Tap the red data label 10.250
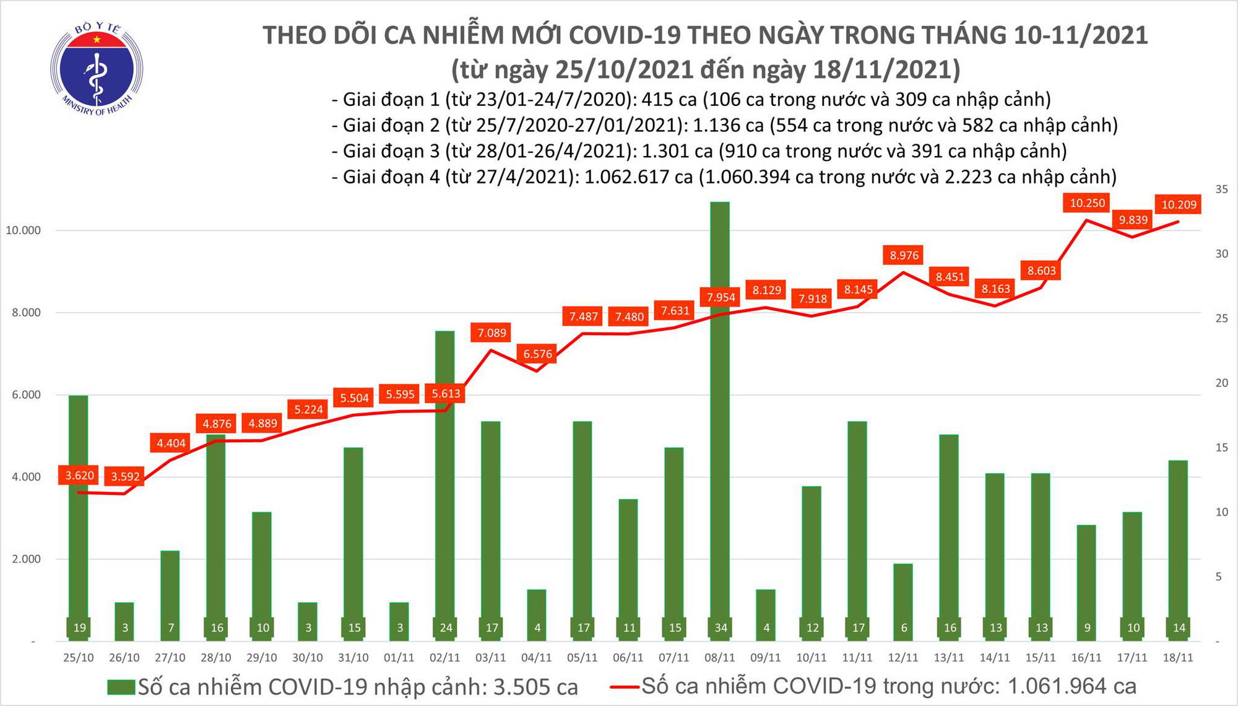coord(1087,203)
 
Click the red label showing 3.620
coord(80,476)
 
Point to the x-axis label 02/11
coord(445,658)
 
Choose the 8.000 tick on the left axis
coord(26,313)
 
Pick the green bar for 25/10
coord(79,508)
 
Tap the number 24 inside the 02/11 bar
coord(446,628)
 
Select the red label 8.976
coord(904,255)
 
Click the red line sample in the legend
coord(624,687)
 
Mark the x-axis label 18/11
coord(1179,658)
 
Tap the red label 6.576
coord(537,354)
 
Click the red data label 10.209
coord(1179,205)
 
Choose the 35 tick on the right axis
coord(1221,190)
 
